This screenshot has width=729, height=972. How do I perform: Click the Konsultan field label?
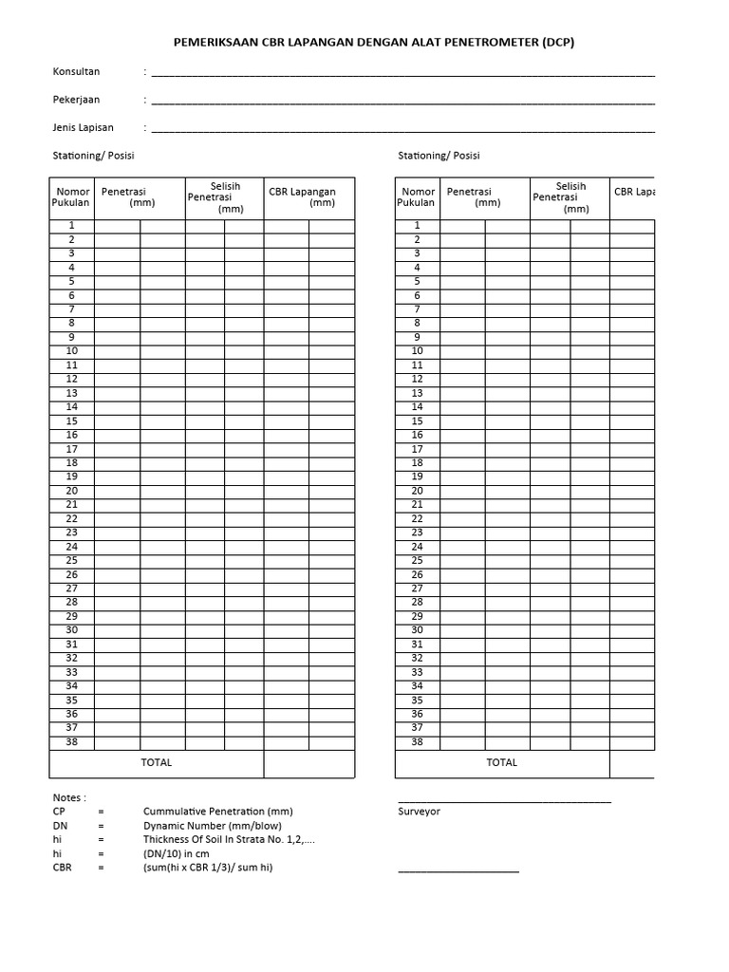coord(76,72)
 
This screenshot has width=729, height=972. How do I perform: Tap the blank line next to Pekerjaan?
coord(402,101)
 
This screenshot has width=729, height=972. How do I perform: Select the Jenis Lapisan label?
coord(84,127)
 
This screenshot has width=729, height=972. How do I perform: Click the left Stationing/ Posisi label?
coord(100,156)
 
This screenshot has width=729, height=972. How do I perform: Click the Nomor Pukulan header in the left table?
coord(72,197)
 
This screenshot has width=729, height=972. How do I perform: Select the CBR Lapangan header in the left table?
coord(302,196)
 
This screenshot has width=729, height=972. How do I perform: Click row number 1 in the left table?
coord(71,226)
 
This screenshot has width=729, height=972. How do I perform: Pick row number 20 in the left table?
coord(71,491)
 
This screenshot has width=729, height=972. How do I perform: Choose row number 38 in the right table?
coord(417,742)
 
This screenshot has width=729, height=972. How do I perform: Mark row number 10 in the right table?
coord(417,351)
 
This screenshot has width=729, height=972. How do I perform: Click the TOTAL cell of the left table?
coord(157,763)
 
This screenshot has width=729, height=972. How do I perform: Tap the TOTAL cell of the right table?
coord(502,763)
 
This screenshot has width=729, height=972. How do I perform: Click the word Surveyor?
coord(419,813)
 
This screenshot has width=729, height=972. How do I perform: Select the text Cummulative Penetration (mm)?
coord(217,813)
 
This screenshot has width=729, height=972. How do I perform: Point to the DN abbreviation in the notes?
coord(61,827)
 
